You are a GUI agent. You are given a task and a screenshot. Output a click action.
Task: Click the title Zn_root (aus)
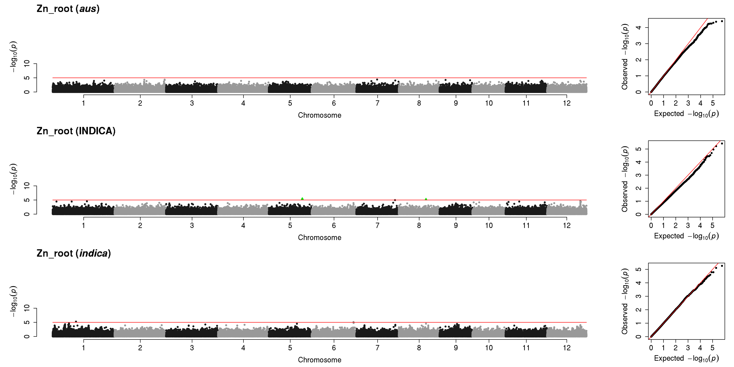point(68,9)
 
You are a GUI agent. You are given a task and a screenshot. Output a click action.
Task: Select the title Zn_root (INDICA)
point(76,131)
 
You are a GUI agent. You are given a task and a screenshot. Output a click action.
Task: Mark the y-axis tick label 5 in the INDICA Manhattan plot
point(27,200)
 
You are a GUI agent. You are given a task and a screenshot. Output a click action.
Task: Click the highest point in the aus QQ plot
point(722,21)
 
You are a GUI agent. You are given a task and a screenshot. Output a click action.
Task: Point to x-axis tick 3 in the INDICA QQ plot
point(688,225)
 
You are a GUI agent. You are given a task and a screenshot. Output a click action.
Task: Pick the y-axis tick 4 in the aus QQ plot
point(639,27)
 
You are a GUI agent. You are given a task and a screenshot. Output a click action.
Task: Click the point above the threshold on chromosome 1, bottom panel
point(76,321)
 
